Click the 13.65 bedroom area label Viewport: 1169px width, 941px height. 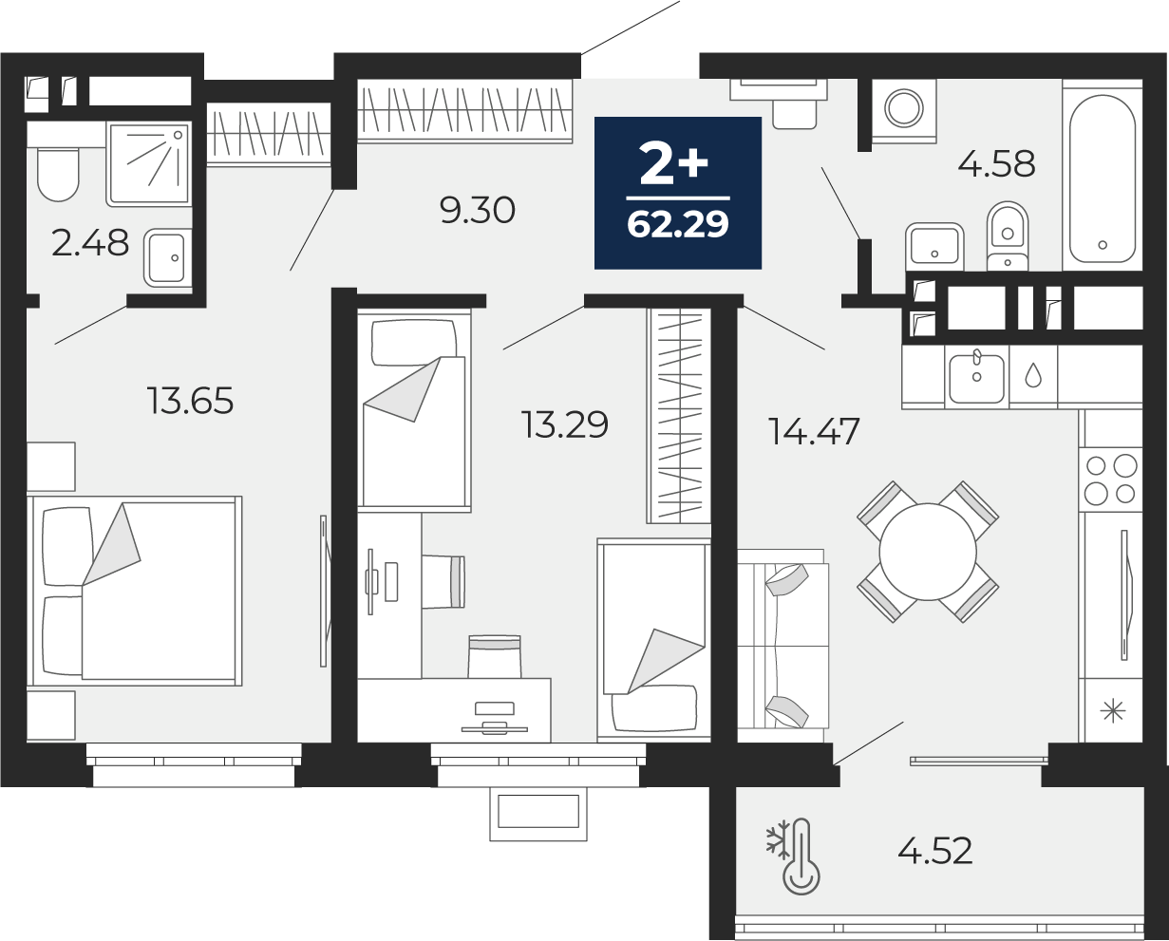pyautogui.click(x=190, y=401)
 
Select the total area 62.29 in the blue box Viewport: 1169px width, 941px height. pyautogui.click(x=678, y=224)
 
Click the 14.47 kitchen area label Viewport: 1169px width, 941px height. pyautogui.click(x=814, y=431)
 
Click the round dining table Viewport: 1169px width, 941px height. pyautogui.click(x=928, y=552)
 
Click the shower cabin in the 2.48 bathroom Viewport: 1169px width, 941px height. pyautogui.click(x=149, y=164)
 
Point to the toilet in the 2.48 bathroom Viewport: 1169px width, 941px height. pyautogui.click(x=58, y=173)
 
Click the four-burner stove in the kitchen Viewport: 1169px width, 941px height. pyautogui.click(x=1110, y=480)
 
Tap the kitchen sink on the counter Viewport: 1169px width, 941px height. pyautogui.click(x=976, y=377)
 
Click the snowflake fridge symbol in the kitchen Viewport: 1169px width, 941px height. pyautogui.click(x=1112, y=712)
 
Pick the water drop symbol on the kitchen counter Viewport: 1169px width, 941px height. pyautogui.click(x=1032, y=375)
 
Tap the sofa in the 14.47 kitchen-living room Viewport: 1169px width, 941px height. pyautogui.click(x=782, y=646)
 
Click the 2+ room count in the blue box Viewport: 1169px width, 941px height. pyautogui.click(x=673, y=163)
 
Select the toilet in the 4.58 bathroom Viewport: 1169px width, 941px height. pyautogui.click(x=1008, y=235)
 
